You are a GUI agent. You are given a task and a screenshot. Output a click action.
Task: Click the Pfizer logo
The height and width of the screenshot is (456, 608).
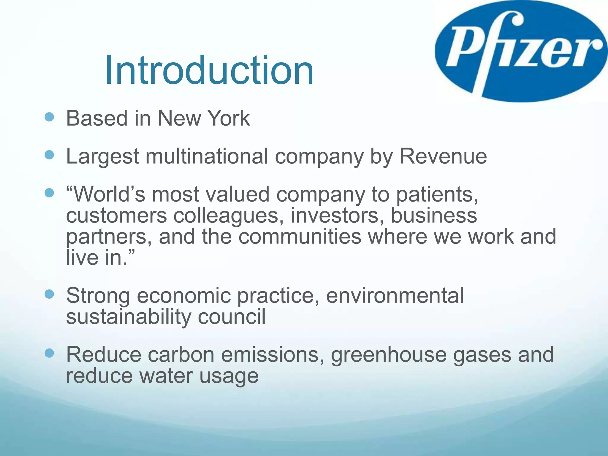coord(521,51)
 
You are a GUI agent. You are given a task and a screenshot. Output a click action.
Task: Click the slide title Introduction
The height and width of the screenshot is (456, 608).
coord(209,70)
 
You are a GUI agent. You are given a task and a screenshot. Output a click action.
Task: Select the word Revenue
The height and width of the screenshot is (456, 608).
coord(443,156)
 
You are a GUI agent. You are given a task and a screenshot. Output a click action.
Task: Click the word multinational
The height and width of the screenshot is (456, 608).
coord(207,156)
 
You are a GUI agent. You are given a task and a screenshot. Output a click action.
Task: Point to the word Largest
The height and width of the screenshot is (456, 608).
coord(102,157)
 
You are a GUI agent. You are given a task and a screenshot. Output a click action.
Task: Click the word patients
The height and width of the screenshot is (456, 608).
coord(437,195)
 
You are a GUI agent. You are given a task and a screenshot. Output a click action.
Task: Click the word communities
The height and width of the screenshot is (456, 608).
coord(300,237)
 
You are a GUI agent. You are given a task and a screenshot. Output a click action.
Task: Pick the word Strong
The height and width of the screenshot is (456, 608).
coord(98,296)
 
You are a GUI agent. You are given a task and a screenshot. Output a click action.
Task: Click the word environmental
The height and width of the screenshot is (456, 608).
coord(395,295)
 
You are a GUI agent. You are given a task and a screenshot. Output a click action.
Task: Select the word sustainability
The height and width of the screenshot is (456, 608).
coord(129,317)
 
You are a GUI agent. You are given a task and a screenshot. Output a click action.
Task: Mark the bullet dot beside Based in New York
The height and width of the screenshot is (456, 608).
coord(49,117)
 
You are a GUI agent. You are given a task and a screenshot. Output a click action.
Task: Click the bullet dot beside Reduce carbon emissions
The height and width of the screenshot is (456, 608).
coord(49,353)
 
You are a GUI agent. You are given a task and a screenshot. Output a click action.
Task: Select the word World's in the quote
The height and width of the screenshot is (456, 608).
coord(106,195)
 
